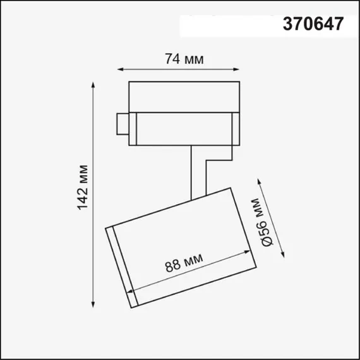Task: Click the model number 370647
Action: [313, 24]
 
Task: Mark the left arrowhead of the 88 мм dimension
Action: [131, 292]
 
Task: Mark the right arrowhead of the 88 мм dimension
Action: [248, 255]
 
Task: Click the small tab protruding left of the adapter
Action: [122, 123]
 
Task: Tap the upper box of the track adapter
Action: [183, 96]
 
